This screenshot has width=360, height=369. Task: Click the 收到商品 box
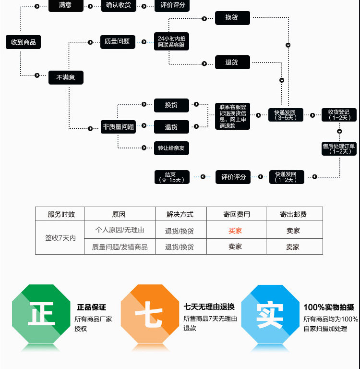(x=24, y=42)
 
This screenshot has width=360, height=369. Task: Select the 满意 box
(x=66, y=5)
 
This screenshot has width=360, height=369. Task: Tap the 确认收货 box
(x=119, y=5)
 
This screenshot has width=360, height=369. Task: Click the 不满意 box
(x=66, y=77)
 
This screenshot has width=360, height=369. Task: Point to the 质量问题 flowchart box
(x=117, y=41)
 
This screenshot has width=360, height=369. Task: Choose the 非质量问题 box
(x=118, y=127)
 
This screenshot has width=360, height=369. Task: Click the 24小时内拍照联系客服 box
(x=171, y=42)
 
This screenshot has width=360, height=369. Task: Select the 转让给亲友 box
(x=171, y=148)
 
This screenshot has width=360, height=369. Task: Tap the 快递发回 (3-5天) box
(x=286, y=115)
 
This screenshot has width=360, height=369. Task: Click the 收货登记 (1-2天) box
(x=339, y=115)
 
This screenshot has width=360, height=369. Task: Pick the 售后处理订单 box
(x=339, y=148)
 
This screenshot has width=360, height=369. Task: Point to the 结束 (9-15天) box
(x=171, y=177)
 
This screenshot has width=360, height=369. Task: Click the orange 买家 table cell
(x=235, y=231)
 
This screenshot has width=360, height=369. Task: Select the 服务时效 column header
(x=61, y=214)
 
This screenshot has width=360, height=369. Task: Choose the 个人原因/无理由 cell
(x=120, y=230)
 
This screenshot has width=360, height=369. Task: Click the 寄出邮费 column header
(x=293, y=214)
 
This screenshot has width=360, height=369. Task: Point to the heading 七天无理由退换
(x=209, y=307)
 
